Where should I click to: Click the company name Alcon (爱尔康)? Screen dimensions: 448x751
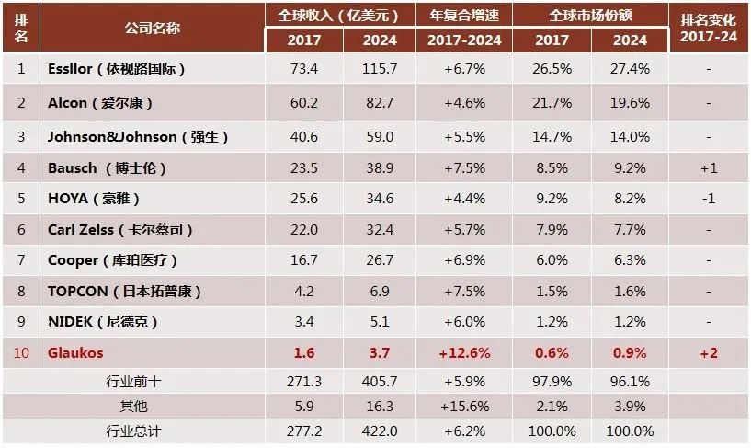pyautogui.click(x=100, y=103)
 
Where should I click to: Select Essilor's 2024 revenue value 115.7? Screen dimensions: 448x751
pyautogui.click(x=380, y=69)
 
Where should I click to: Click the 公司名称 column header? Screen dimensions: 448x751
pyautogui.click(x=152, y=27)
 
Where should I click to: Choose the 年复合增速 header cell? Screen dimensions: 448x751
pyautogui.click(x=464, y=15)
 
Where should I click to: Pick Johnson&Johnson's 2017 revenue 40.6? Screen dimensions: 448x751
pyautogui.click(x=303, y=136)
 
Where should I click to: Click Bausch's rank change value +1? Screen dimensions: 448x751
pyautogui.click(x=708, y=167)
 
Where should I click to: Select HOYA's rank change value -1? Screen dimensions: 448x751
pyautogui.click(x=708, y=198)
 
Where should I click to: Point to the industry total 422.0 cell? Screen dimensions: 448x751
pyautogui.click(x=380, y=431)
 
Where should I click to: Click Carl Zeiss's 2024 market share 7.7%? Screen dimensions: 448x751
pyautogui.click(x=629, y=229)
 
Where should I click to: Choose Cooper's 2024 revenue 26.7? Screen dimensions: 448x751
pyautogui.click(x=380, y=260)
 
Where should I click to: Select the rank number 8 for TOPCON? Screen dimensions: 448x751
pyautogui.click(x=22, y=292)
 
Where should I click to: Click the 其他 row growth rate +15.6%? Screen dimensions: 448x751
pyautogui.click(x=464, y=405)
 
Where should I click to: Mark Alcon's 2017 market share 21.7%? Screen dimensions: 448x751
pyautogui.click(x=551, y=103)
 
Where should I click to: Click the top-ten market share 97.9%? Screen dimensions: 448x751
pyautogui.click(x=551, y=380)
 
